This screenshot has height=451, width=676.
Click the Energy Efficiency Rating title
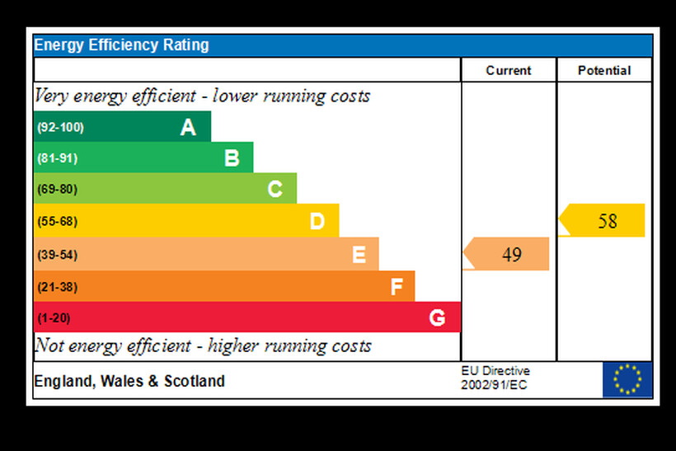coord(121,45)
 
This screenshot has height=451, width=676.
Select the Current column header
coord(509,71)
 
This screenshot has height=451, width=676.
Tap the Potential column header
coord(604,71)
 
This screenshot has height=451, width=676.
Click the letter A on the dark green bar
coord(189,127)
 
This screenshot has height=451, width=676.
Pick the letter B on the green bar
coord(232,157)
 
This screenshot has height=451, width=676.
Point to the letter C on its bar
coord(275,190)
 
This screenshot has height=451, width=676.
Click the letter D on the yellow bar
coord(317,221)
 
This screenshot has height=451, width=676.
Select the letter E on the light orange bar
coord(359,255)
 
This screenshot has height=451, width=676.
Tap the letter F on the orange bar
coord(397,287)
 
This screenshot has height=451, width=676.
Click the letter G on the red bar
coord(437,317)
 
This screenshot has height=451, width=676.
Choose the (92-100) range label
coord(60,128)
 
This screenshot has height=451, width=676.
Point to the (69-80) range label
coord(57,190)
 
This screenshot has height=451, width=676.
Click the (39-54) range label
coord(57,255)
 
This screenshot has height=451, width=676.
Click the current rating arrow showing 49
coord(507,254)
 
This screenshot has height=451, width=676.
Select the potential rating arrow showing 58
coord(603,221)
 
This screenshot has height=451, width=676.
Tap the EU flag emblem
coord(627,379)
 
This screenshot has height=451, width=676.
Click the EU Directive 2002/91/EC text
coord(495,378)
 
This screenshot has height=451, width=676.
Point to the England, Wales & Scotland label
coord(129,382)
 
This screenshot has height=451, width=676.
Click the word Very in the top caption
coord(52,96)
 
